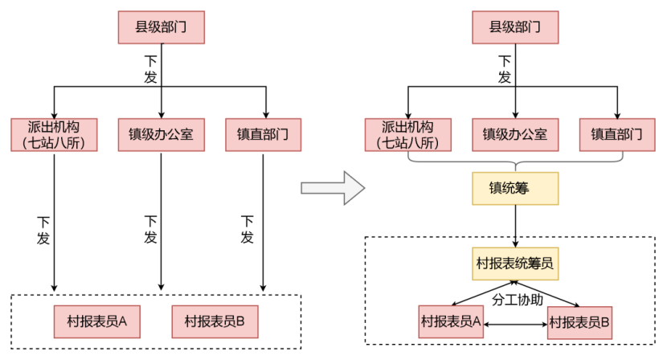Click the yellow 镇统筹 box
coord(514,189)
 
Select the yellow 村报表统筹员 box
coord(514,263)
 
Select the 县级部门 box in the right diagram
coord(514,28)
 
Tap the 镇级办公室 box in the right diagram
coord(514,135)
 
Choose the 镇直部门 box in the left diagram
coord(263,135)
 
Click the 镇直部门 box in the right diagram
coord(617,135)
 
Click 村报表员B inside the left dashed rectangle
coord(215,321)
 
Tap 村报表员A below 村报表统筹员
coord(451,322)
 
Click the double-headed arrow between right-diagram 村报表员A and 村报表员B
coord(514,324)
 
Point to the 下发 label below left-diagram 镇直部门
coord(248,229)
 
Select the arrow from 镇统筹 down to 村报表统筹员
coord(514,225)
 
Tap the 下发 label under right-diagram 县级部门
coord(504,69)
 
